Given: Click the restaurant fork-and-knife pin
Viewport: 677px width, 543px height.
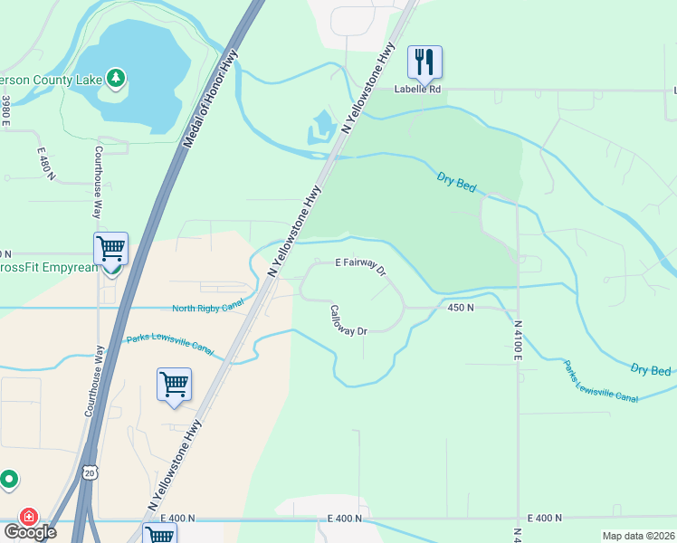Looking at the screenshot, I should click(x=424, y=62).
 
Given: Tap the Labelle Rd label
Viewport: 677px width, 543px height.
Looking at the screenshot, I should click(x=417, y=90).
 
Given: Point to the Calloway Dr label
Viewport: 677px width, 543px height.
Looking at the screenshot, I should click(x=348, y=319).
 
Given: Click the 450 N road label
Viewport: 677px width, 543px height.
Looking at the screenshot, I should click(x=461, y=308).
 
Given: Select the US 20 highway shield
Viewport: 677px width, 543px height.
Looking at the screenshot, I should click(x=88, y=472).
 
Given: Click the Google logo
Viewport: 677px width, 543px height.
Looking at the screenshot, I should click(x=29, y=532).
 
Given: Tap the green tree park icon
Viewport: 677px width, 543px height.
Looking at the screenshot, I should click(x=115, y=79).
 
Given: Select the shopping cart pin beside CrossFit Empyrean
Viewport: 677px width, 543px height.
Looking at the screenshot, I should click(x=110, y=247).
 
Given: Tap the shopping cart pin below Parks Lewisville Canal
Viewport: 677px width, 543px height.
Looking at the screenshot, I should click(x=174, y=384).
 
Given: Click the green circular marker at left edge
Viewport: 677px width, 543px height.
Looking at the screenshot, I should click(x=9, y=479).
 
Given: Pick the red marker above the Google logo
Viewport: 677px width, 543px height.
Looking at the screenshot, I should click(x=29, y=517).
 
